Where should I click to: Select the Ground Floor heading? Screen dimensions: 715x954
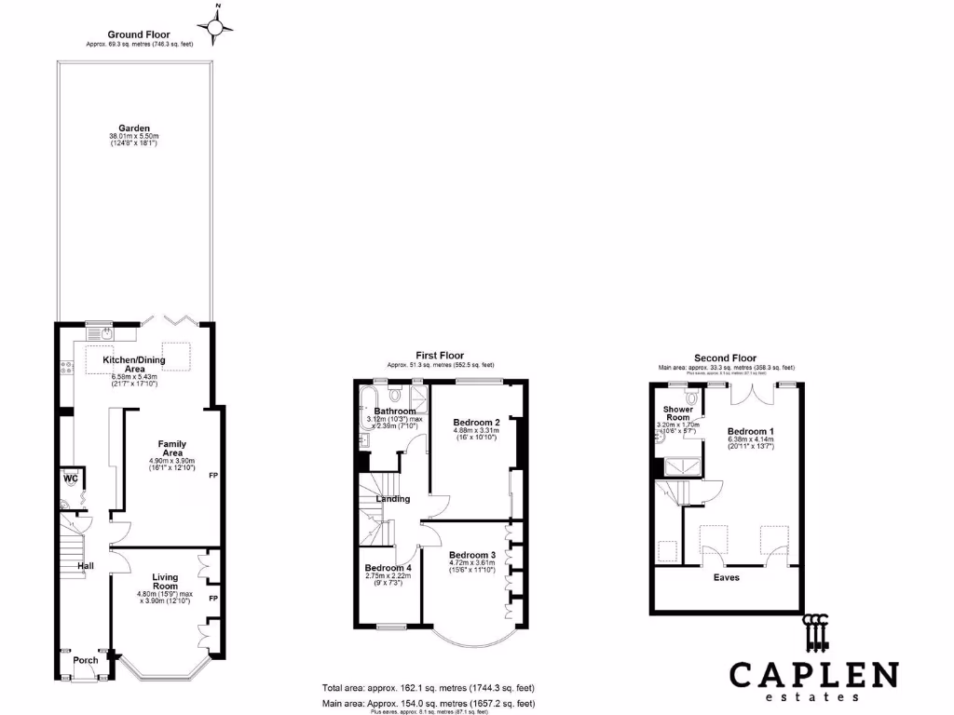139,34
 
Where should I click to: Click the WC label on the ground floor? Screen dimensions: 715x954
70,479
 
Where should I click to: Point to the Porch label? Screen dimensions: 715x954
86,661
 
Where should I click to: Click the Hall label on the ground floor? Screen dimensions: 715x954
86,565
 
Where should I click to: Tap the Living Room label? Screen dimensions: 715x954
165,582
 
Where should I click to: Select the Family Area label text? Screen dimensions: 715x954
171,449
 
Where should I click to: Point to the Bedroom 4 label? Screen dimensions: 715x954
388,568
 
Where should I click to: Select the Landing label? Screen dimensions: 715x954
392,499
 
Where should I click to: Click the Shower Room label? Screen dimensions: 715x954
676,413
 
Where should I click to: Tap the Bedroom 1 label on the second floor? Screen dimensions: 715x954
750,432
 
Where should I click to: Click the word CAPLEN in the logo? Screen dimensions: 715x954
813,674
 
